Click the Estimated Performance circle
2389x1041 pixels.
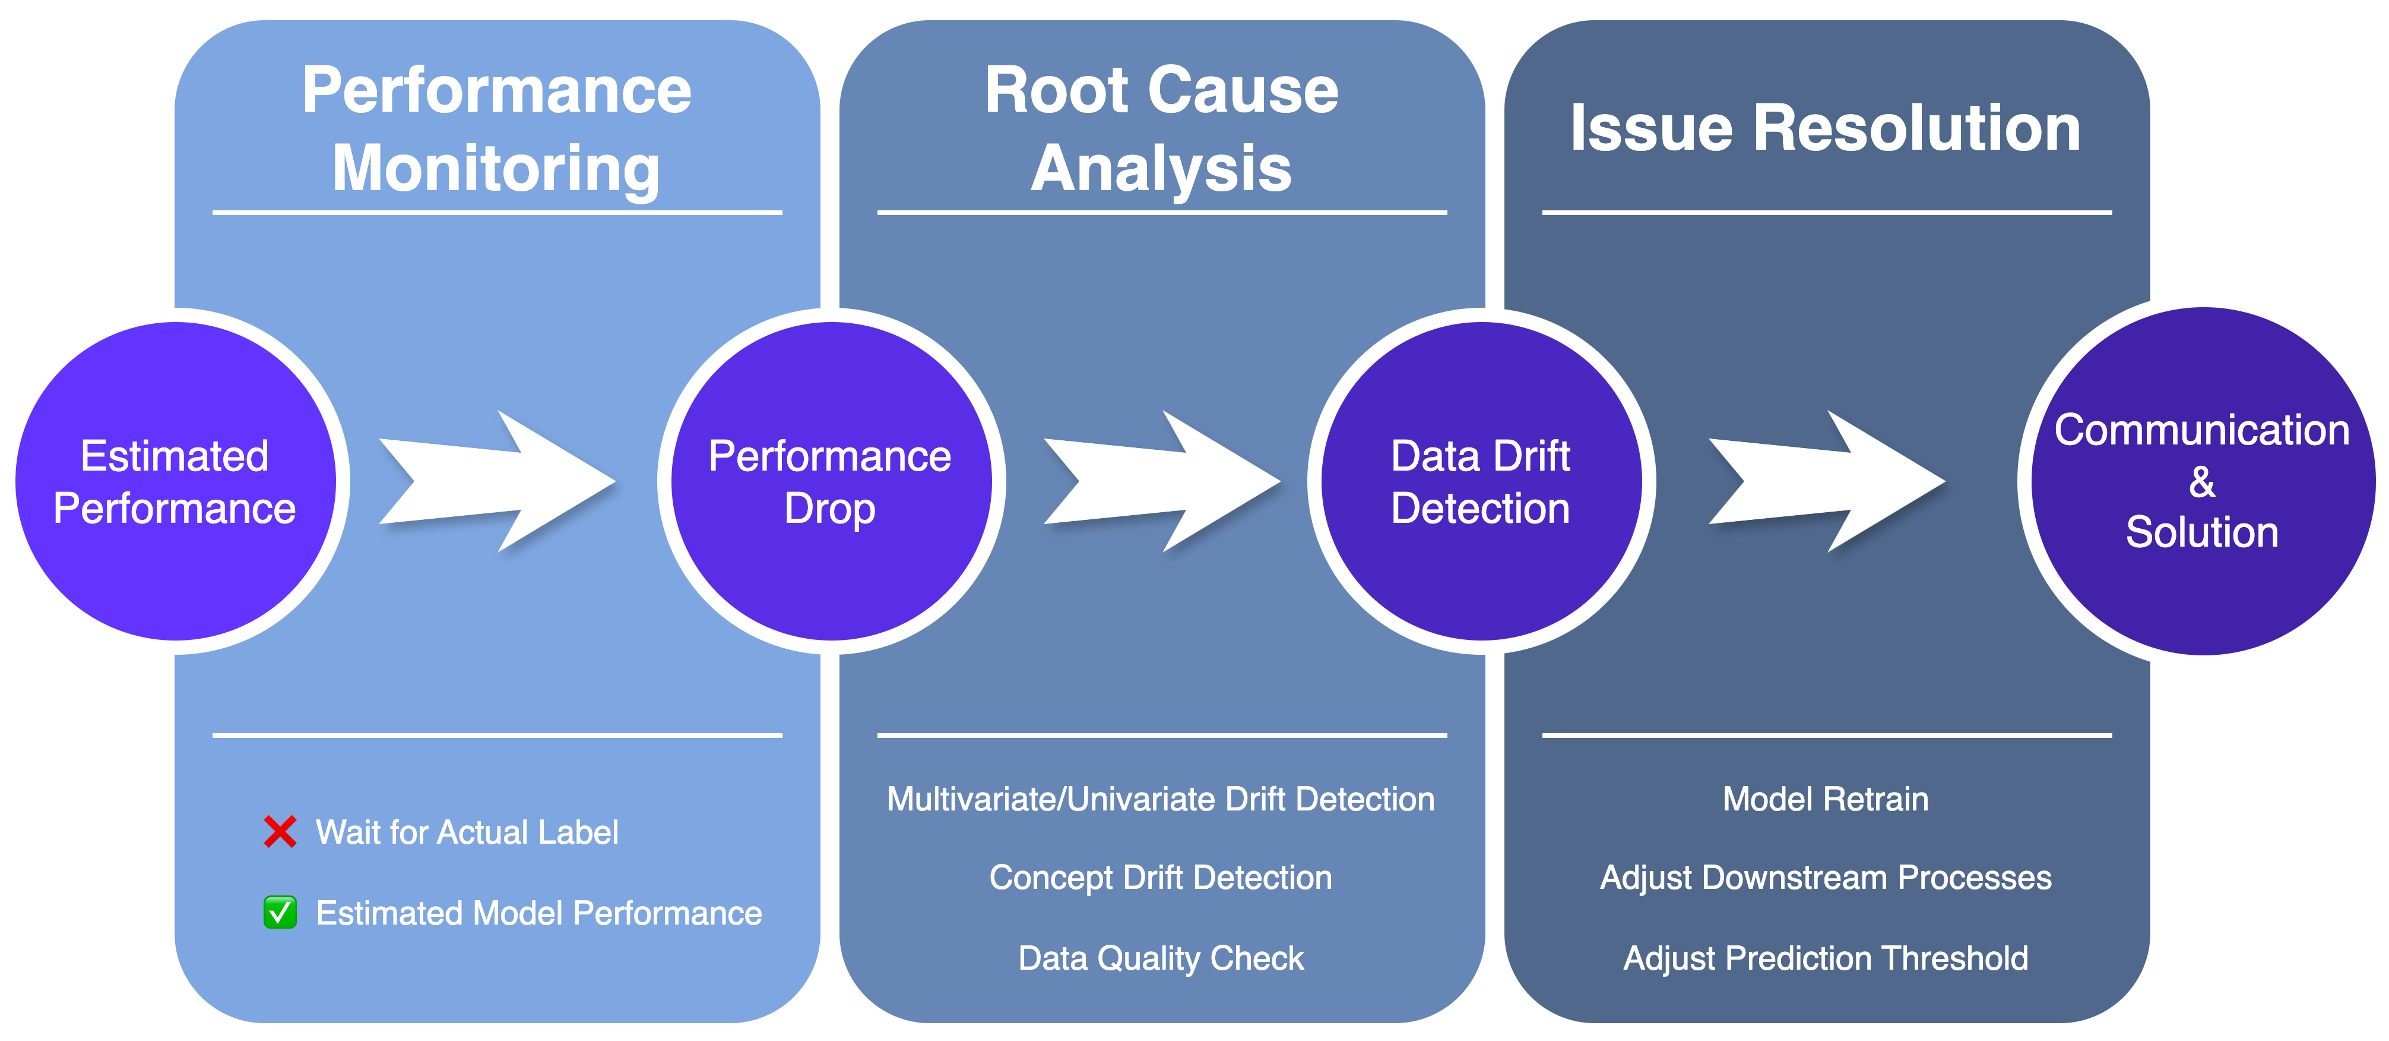[x=175, y=481]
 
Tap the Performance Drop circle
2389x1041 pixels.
[x=830, y=481]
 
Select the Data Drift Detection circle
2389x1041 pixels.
[x=1481, y=481]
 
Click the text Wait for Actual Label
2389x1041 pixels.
[x=467, y=832]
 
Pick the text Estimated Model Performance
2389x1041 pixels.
[x=539, y=913]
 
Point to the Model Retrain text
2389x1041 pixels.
[x=1825, y=799]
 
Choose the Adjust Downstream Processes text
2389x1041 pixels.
[x=1825, y=878]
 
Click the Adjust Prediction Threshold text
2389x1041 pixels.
[x=1825, y=957]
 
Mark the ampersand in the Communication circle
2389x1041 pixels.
[x=2201, y=481]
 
